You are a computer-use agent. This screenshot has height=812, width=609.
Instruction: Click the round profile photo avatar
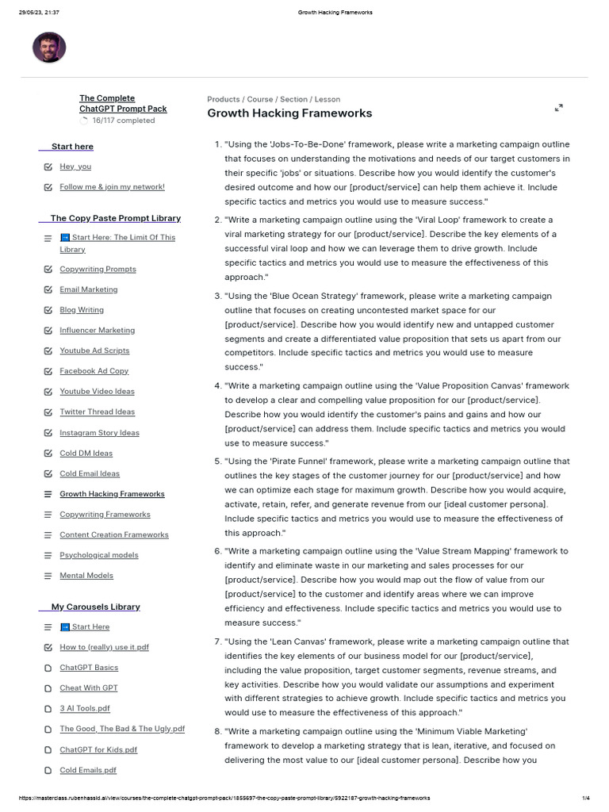click(x=49, y=48)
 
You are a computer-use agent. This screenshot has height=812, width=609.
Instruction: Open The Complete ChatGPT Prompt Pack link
click(x=123, y=103)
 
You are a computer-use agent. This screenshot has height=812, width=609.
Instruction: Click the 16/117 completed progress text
click(x=123, y=121)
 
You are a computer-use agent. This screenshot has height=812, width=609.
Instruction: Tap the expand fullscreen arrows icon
click(x=558, y=107)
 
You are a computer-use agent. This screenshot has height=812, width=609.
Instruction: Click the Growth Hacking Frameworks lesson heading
click(x=289, y=113)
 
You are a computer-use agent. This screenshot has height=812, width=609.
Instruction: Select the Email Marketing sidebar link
click(x=88, y=289)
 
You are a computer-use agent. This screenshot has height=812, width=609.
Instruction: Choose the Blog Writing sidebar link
click(x=82, y=310)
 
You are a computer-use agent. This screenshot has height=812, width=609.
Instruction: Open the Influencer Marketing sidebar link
click(x=97, y=330)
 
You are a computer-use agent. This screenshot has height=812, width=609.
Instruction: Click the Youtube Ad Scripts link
click(x=94, y=350)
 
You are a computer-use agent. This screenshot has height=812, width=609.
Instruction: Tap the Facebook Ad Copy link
click(x=94, y=371)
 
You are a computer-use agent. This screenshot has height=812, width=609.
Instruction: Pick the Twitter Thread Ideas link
click(x=97, y=412)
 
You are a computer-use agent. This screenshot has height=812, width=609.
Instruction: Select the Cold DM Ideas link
click(x=86, y=454)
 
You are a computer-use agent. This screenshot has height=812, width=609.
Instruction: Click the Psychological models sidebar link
click(x=98, y=555)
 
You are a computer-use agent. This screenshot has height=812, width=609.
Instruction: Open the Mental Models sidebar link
click(x=86, y=576)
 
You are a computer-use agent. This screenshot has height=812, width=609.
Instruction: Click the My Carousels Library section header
click(x=95, y=607)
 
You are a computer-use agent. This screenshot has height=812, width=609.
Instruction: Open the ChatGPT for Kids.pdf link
click(x=98, y=749)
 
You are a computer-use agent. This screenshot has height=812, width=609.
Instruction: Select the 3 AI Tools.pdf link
click(x=85, y=708)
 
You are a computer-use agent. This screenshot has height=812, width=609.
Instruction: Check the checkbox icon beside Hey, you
click(x=48, y=167)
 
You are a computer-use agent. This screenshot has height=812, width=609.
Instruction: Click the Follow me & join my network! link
click(x=112, y=187)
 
